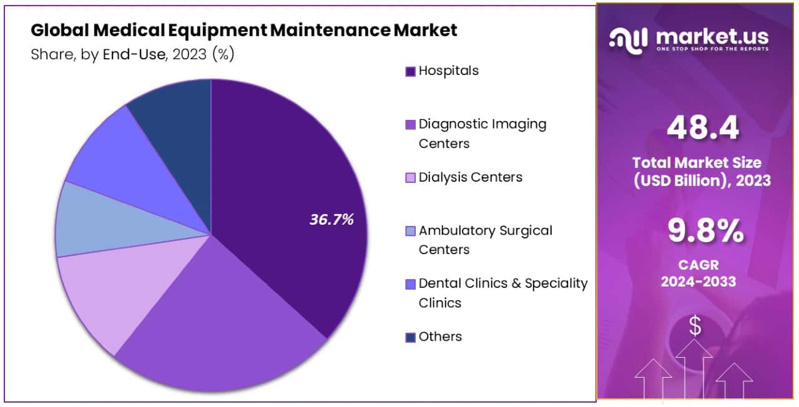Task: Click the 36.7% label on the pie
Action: coord(331,220)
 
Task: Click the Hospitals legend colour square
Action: coord(410,71)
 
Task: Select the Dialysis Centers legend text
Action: coord(470,177)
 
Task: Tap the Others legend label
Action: coord(440,336)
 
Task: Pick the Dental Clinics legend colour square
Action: coord(410,284)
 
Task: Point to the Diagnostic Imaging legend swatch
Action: coord(410,125)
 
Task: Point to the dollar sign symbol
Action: coord(695,325)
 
